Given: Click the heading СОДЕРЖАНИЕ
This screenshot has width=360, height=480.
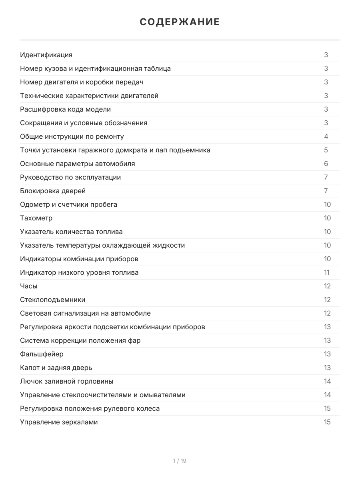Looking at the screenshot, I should pos(180,22).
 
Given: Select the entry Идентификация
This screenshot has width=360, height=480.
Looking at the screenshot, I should pos(46,55).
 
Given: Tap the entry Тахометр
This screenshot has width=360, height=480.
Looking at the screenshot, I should pos(36,218).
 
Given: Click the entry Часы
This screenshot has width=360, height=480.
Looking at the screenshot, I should pos(29,286).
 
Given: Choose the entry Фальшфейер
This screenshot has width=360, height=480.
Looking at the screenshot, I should pos(42,354).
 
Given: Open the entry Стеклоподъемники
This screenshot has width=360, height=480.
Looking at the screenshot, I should pos(52,300).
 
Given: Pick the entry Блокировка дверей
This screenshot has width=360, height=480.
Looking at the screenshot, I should pos(53,191).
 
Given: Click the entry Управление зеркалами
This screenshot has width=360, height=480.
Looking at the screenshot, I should pos(59,422).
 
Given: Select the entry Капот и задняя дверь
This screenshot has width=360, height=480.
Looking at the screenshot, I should pos(56,368).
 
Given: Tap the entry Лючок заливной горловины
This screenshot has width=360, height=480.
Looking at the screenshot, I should pos(66,381).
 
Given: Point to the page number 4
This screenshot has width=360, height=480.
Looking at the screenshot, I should pos(326,136).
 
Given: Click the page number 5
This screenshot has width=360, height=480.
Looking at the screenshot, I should pos(326,150).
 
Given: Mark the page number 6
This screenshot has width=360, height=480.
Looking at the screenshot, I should pos(326,164).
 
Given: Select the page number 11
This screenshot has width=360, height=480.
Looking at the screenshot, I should pos(327,272).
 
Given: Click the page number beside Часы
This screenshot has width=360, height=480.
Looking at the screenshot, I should pos(327,286).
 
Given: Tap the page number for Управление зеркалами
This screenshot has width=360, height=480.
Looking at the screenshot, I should pos(327,422).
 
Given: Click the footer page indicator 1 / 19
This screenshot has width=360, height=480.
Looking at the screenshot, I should pos(180,461).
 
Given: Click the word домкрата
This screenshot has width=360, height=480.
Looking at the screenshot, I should pos(132,150).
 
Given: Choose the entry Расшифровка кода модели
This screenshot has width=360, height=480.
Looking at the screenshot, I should pos(66,109).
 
